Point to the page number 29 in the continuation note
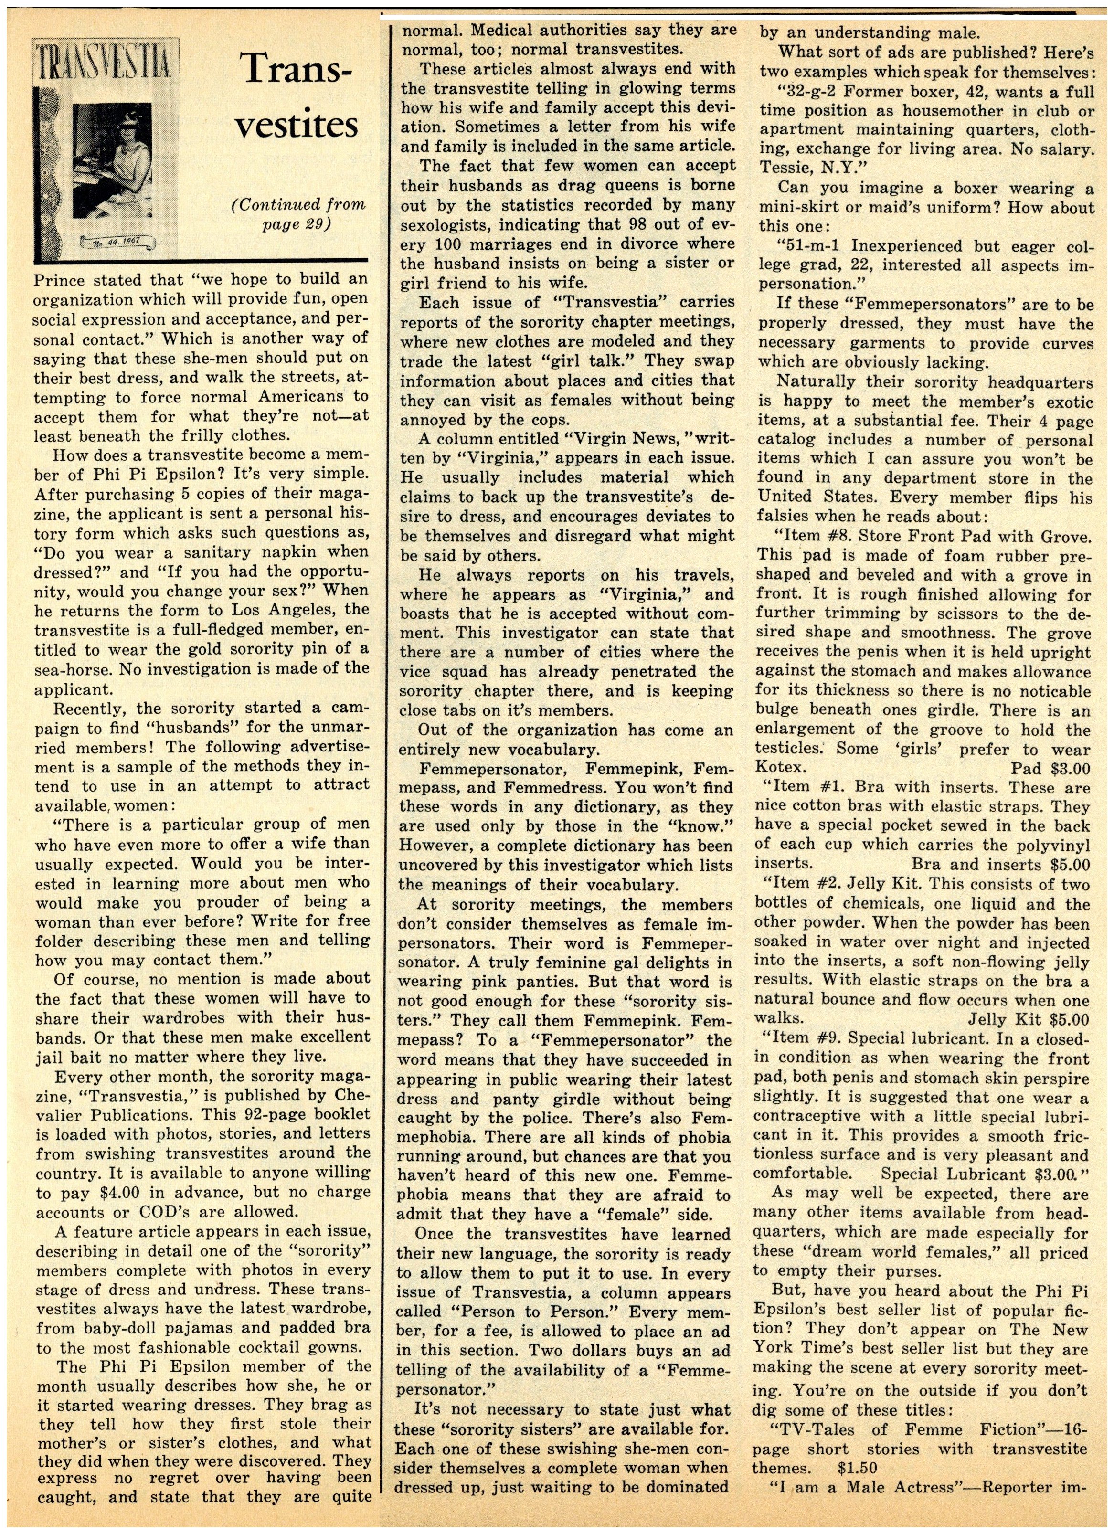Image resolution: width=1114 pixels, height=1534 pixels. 312,224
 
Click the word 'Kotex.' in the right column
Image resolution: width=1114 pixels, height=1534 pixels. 779,768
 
